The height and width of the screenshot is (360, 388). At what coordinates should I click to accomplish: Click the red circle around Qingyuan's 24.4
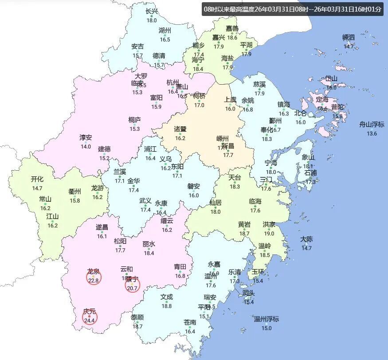pyautogui.click(x=90, y=317)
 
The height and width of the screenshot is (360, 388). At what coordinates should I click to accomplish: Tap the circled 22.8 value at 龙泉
pyautogui.click(x=94, y=278)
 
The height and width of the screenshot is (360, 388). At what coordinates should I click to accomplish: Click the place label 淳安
pyautogui.click(x=86, y=138)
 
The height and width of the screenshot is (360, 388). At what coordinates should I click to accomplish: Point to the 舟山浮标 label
pyautogui.click(x=372, y=125)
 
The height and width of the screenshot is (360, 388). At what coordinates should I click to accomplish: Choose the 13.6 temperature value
pyautogui.click(x=372, y=133)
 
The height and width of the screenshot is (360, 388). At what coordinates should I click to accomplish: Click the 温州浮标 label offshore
pyautogui.click(x=266, y=319)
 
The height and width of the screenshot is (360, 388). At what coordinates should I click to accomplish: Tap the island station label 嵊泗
pyautogui.click(x=349, y=37)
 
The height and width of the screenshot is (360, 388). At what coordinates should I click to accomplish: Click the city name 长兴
pyautogui.click(x=152, y=12)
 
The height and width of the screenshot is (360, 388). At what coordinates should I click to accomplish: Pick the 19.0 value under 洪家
pyautogui.click(x=269, y=234)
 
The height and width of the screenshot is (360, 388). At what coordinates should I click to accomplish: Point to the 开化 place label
pyautogui.click(x=37, y=180)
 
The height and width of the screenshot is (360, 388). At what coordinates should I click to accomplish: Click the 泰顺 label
pyautogui.click(x=137, y=317)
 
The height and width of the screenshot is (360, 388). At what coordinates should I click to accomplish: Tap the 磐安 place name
pyautogui.click(x=194, y=187)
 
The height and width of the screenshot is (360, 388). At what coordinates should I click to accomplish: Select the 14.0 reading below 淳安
pyautogui.click(x=86, y=146)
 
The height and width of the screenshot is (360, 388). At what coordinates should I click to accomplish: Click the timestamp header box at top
pyautogui.click(x=292, y=9)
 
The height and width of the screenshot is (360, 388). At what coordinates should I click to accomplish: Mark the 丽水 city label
pyautogui.click(x=149, y=244)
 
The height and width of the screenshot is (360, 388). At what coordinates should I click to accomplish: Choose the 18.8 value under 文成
pyautogui.click(x=167, y=306)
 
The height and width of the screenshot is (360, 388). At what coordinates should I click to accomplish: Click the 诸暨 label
pyautogui.click(x=180, y=129)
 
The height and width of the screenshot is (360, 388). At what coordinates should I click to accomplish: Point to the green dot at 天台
pyautogui.click(x=235, y=182)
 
